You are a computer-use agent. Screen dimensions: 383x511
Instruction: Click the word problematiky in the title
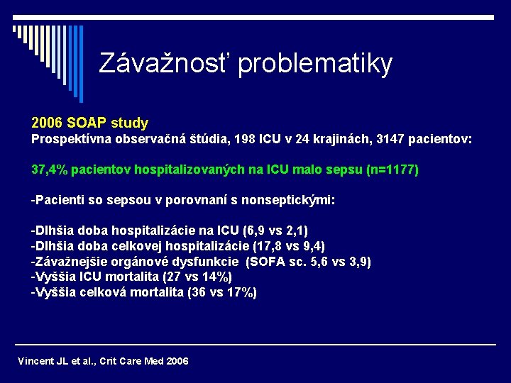(x=315, y=64)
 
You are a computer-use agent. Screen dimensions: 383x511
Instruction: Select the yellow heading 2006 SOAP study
(x=89, y=123)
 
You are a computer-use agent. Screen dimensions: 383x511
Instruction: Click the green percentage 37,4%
(x=49, y=170)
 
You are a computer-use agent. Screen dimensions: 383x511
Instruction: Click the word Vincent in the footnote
(x=34, y=361)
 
